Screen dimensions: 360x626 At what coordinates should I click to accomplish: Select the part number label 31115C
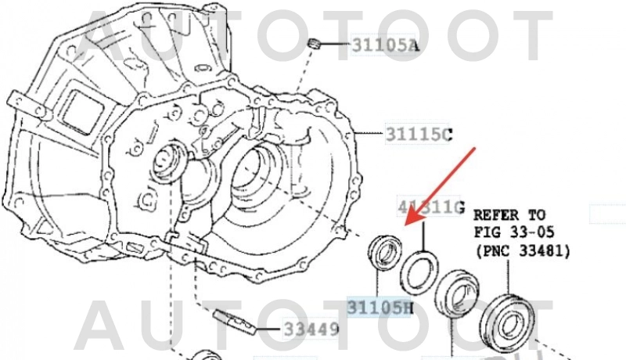419,135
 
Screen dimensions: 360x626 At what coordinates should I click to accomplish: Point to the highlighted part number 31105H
380,307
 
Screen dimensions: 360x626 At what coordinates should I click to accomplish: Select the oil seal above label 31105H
383,254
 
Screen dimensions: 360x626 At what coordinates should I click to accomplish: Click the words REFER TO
509,214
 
